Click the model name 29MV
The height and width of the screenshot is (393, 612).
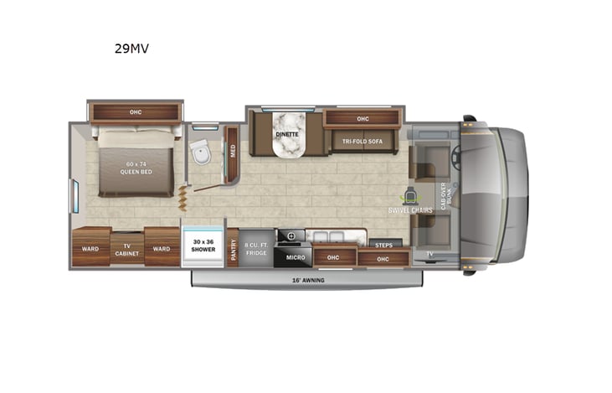click(x=131, y=49)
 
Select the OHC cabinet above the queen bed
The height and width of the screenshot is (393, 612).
click(x=135, y=111)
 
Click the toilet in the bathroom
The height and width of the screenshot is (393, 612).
click(x=201, y=153)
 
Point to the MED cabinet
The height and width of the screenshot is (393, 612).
click(x=233, y=152)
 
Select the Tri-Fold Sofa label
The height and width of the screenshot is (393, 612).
click(x=362, y=142)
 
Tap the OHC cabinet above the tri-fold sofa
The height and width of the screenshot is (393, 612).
click(x=363, y=118)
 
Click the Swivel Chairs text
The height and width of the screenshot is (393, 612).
click(x=410, y=210)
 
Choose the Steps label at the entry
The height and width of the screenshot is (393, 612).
click(x=383, y=245)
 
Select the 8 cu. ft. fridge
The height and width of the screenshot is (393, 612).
click(x=256, y=249)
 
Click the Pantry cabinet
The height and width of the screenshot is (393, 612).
click(x=233, y=248)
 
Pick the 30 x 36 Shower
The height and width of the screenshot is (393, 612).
click(x=203, y=246)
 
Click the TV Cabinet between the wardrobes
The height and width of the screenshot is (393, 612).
click(x=127, y=248)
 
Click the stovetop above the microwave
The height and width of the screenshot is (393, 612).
click(x=292, y=236)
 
